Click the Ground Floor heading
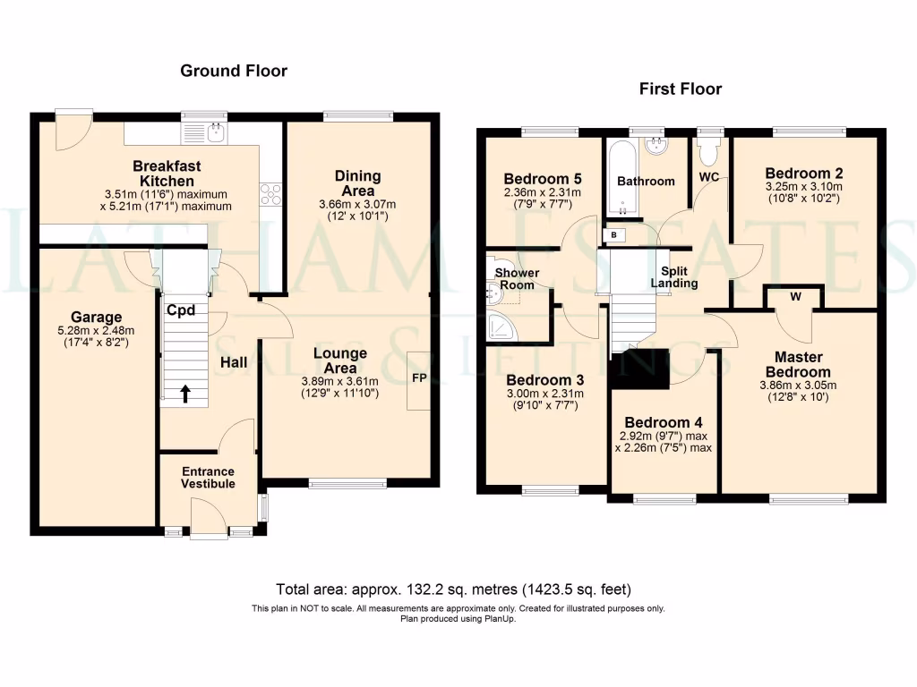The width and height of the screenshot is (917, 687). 234,71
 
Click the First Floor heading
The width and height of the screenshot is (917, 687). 680,89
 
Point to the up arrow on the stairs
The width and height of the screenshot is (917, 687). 186,393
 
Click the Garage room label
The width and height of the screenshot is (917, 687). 96,318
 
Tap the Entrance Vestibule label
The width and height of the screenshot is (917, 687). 208,478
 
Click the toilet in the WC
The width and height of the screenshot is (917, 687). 710,153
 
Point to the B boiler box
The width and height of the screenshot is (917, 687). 614,234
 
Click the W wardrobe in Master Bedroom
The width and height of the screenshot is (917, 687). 794,295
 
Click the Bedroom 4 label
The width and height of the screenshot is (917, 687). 664,422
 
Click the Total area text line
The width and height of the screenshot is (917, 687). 454,589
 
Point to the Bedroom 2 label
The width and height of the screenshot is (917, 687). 804,174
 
